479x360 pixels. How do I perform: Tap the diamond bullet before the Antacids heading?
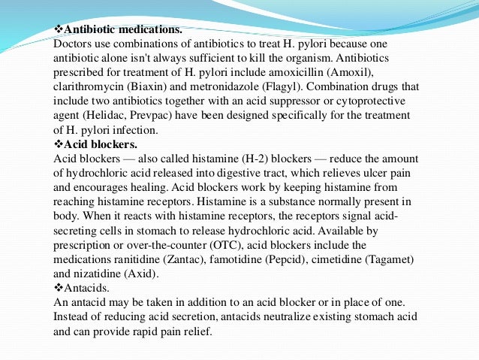click(59, 287)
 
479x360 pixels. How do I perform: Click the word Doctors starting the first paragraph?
click(74, 45)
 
